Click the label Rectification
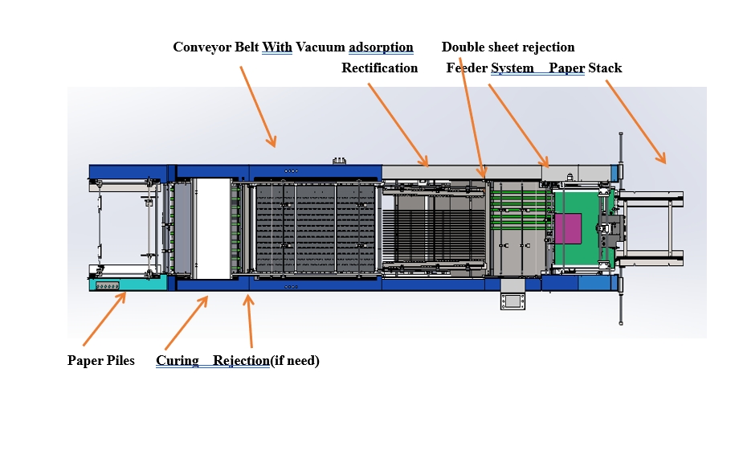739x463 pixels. pos(379,68)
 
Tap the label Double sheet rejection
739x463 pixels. pos(508,47)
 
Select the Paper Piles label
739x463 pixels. pos(101,361)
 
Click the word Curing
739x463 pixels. pos(178,361)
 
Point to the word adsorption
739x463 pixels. pos(381,47)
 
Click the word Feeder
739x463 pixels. pos(467,68)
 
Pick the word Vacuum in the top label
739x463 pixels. pos(321,47)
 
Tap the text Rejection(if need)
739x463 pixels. pos(266,361)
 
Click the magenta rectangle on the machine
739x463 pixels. pos(573,228)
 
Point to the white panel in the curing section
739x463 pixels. pos(213,228)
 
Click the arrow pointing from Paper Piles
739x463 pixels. pos(104,319)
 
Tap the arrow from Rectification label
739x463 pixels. pos(398,124)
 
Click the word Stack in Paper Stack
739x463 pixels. pos(605,68)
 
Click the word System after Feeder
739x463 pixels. pos(512,68)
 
